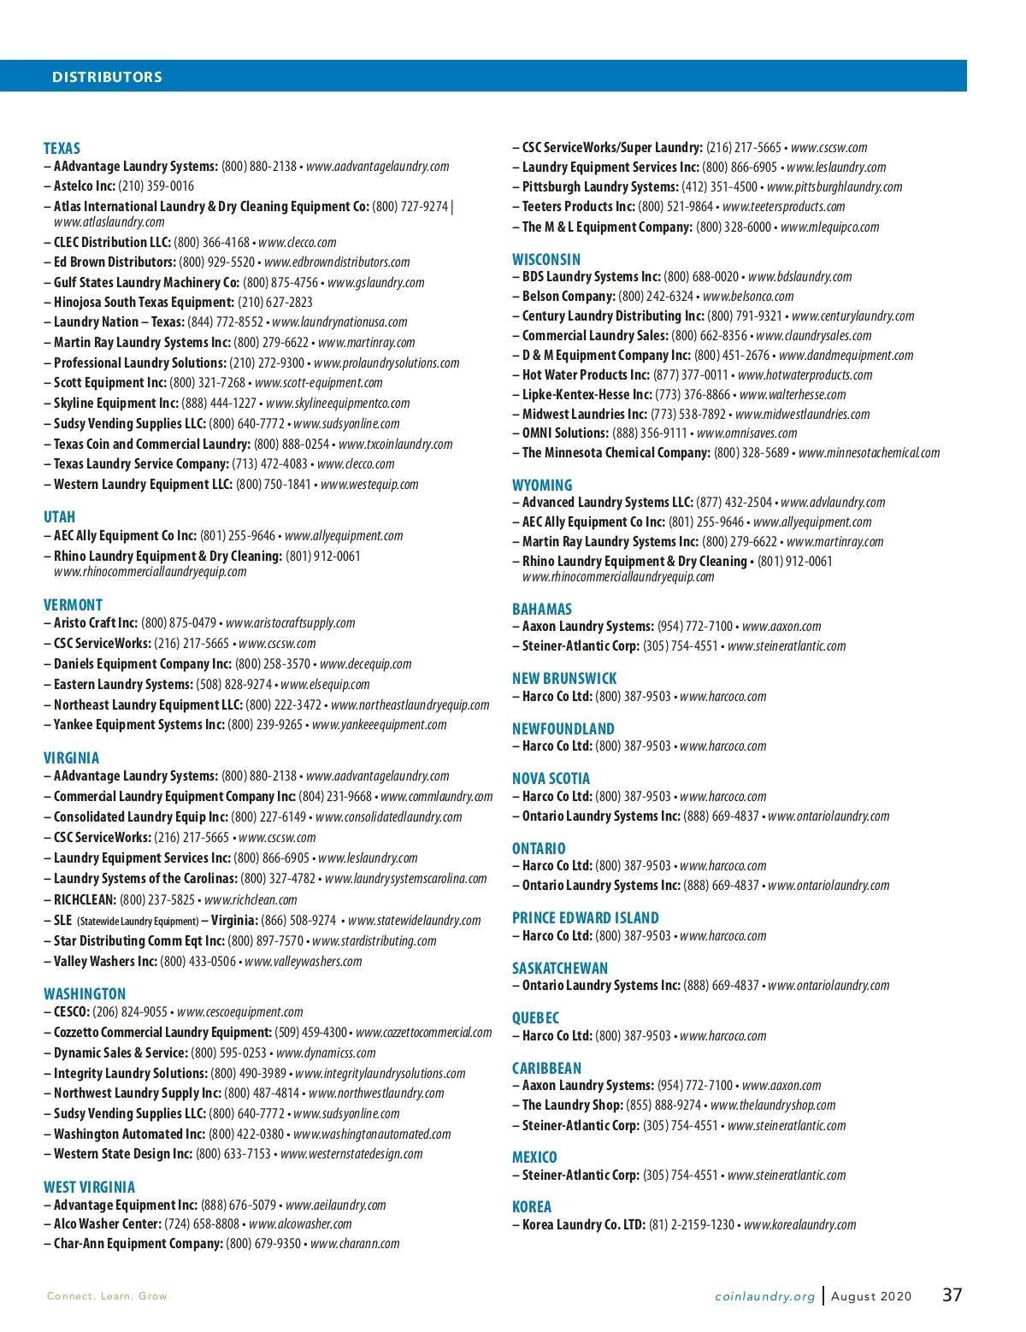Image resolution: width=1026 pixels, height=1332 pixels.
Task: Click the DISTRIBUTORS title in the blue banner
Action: click(107, 77)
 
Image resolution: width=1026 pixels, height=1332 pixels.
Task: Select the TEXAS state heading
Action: click(62, 149)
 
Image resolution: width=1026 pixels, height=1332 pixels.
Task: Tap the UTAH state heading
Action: click(59, 517)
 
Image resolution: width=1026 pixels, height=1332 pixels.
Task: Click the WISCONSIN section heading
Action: click(545, 259)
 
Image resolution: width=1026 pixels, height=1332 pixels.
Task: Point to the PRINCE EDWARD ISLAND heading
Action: click(585, 918)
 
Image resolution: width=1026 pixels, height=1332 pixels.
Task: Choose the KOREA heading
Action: click(532, 1206)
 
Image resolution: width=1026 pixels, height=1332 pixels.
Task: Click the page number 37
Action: click(952, 1295)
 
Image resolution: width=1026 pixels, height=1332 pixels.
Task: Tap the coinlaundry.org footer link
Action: click(764, 1296)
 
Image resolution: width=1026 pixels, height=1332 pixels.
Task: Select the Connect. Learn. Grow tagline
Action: click(107, 1296)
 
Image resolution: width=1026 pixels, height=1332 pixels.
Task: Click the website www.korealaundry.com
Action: click(799, 1225)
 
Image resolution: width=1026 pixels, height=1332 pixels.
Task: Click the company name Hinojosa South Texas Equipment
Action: click(144, 303)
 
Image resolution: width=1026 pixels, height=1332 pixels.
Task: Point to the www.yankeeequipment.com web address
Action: click(379, 725)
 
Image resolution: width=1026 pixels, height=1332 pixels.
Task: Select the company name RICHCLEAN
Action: click(85, 900)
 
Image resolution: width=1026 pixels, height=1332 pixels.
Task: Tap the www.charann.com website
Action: click(355, 1244)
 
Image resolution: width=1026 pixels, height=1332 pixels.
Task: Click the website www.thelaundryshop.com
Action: click(773, 1105)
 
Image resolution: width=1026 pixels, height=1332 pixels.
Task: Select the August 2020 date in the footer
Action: click(871, 1296)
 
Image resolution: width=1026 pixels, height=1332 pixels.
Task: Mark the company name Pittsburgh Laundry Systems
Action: click(600, 187)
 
